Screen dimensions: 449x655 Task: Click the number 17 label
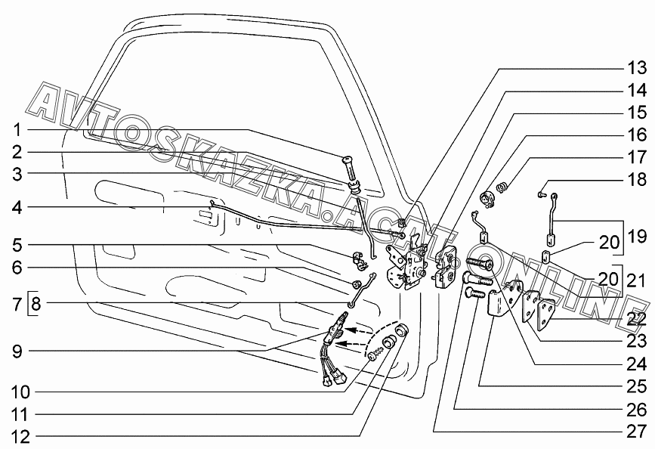pyautogui.click(x=636, y=158)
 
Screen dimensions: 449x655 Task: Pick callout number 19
pyautogui.click(x=636, y=235)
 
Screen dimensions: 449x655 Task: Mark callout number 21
pyautogui.click(x=636, y=280)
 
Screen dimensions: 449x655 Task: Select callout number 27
pyautogui.click(x=636, y=432)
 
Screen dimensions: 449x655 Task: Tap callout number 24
pyautogui.click(x=636, y=362)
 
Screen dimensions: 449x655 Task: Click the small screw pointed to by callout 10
pyautogui.click(x=374, y=353)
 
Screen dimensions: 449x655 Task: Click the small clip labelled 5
pyautogui.click(x=362, y=260)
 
